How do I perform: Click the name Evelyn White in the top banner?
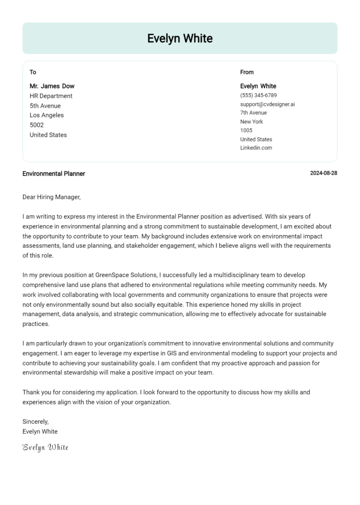180,38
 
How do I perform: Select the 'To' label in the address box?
33,72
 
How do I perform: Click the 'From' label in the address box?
247,72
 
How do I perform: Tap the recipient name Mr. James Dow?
52,86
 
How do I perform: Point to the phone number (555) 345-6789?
258,95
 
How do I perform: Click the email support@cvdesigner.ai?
267,104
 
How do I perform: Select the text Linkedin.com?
256,148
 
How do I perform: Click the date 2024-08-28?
323,173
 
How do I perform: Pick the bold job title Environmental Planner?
54,174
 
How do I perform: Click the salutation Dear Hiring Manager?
52,197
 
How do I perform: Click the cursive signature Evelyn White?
45,447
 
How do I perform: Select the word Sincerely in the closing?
35,422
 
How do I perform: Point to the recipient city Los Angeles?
47,115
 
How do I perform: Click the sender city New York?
252,122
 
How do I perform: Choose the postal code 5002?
37,125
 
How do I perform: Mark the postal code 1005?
246,130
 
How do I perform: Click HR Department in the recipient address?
51,96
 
